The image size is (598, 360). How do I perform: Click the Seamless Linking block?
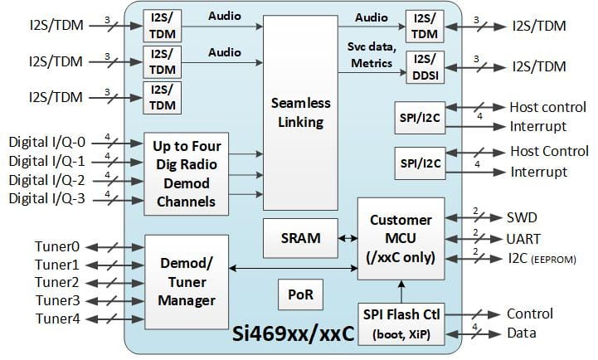pyautogui.click(x=300, y=112)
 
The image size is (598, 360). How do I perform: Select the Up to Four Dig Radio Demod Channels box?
pyautogui.click(x=185, y=173)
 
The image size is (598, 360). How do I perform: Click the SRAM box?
pyautogui.click(x=300, y=237)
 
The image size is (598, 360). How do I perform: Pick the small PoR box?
pyautogui.click(x=300, y=294)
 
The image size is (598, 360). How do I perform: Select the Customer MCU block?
pyautogui.click(x=401, y=238)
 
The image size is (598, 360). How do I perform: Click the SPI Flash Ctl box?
pyautogui.click(x=401, y=321)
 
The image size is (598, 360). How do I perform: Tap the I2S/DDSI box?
pyautogui.click(x=424, y=66)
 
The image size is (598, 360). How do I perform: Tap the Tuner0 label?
pyautogui.click(x=58, y=246)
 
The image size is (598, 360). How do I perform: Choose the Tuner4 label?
pyautogui.click(x=58, y=319)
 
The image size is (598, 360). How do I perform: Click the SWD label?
pyautogui.click(x=523, y=217)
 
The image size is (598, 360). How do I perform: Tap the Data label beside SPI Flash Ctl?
pyautogui.click(x=522, y=333)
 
